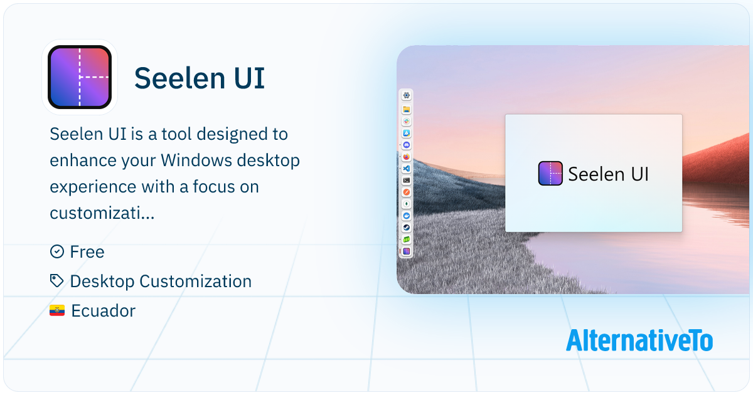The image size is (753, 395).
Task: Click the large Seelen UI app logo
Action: click(80, 77)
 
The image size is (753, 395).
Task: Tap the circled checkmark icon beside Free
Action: click(56, 251)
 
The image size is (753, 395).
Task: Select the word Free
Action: click(87, 252)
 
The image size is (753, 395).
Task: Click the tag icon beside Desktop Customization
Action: click(56, 281)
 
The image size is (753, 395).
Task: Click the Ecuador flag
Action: click(57, 311)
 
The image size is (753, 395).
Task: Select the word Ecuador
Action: click(103, 311)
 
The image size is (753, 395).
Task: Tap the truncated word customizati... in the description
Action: click(102, 214)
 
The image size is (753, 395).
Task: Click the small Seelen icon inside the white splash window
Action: click(550, 174)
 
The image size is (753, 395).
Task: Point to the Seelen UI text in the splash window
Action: click(608, 174)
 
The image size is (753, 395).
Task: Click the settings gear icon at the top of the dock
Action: click(407, 95)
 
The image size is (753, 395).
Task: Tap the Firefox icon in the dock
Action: click(407, 157)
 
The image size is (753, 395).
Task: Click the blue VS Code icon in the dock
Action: click(407, 168)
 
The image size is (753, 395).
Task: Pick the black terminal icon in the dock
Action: click(407, 180)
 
